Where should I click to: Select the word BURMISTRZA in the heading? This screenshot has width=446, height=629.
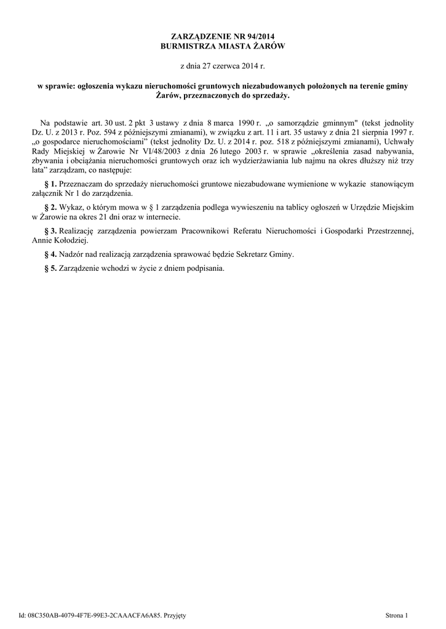(186, 46)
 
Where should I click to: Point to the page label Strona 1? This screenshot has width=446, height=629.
(396, 614)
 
